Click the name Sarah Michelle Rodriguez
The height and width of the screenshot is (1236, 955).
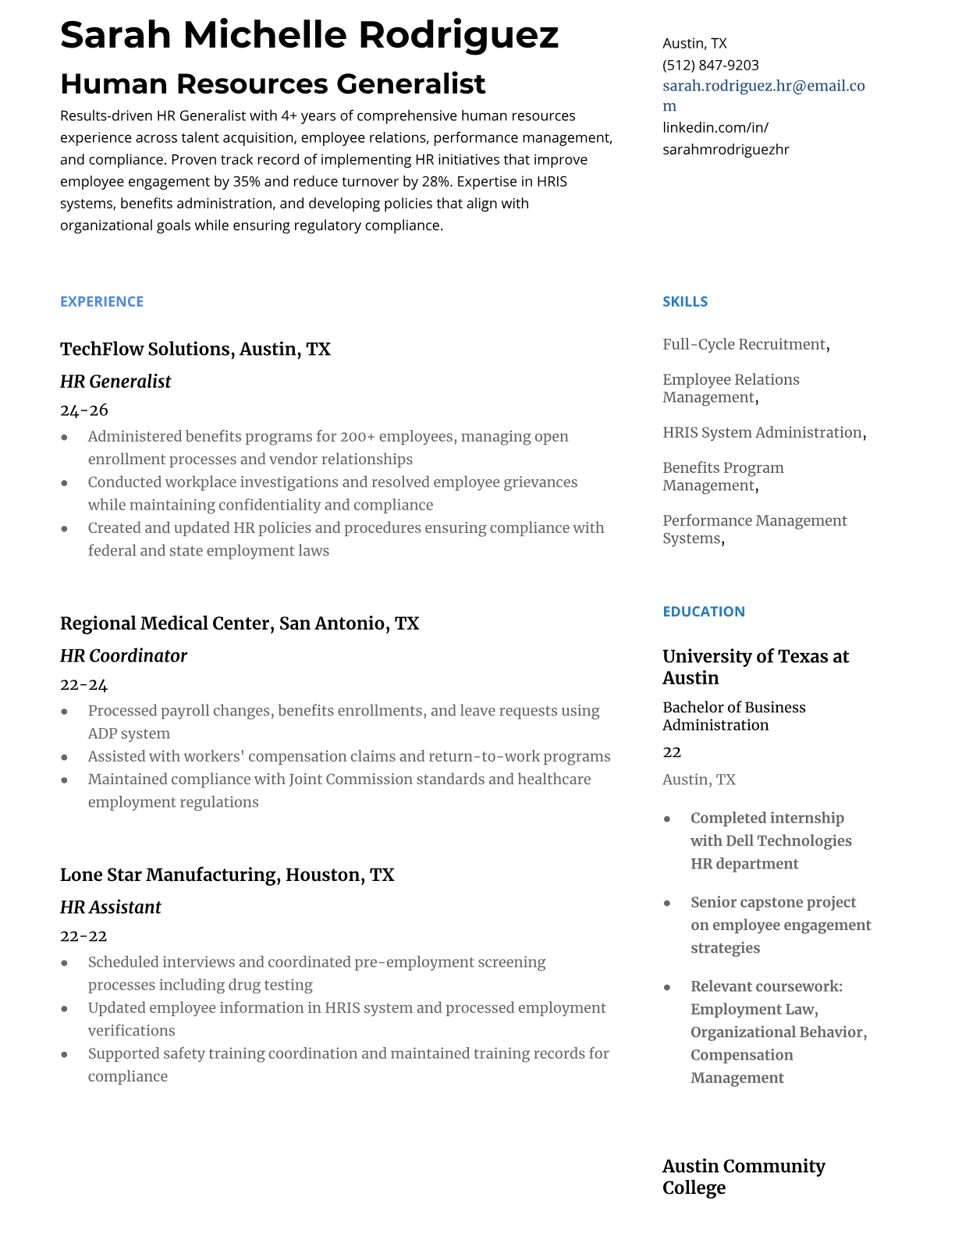(309, 35)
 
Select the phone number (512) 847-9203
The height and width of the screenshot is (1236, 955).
(710, 66)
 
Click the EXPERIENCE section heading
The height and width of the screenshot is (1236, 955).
(101, 302)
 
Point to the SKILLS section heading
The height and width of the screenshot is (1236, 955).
(684, 302)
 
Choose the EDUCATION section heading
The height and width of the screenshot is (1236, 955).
(703, 612)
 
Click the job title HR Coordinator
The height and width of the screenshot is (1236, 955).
(123, 656)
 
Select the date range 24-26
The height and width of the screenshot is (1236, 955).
(84, 410)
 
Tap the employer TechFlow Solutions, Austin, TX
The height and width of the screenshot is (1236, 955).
(195, 350)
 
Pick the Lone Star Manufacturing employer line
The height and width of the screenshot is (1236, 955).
(227, 875)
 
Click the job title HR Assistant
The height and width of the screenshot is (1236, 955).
(110, 907)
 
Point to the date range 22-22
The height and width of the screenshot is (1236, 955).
(83, 936)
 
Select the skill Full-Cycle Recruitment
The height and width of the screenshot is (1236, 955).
(744, 345)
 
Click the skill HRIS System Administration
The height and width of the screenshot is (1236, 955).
(762, 433)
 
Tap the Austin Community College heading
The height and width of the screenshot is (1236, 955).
(743, 1177)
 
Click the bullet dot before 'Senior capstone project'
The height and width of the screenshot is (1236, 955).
(667, 904)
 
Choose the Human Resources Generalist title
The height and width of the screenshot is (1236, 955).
(272, 84)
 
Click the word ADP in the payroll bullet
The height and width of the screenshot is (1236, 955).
(101, 734)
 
